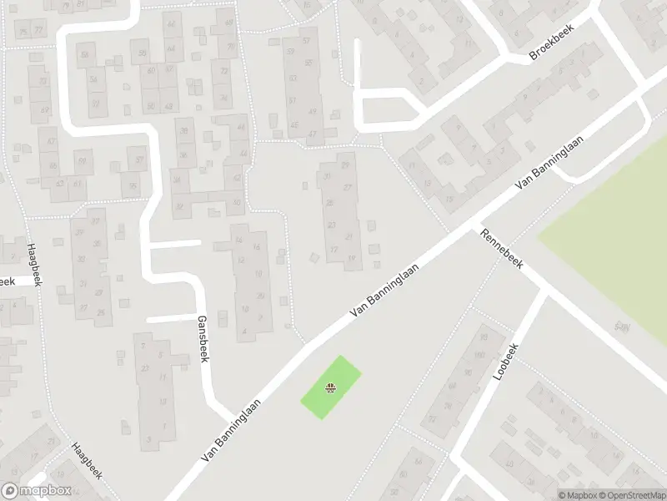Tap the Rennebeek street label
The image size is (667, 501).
pos(501,248)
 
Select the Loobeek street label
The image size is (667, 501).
pos(506,362)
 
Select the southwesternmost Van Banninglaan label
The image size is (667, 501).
pos(231,431)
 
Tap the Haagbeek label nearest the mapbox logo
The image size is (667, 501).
pos(86,461)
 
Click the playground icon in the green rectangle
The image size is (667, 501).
pos(331,387)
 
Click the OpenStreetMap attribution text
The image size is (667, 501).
pos(633,495)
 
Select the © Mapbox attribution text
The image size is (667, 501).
pos(578,495)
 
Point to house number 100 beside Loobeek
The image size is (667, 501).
pos(479,356)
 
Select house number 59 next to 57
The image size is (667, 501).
pos(291,51)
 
